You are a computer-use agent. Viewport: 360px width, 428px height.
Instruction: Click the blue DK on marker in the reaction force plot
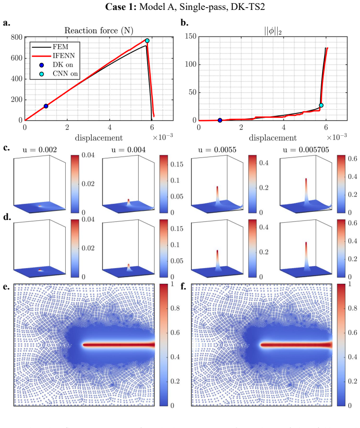[46, 106]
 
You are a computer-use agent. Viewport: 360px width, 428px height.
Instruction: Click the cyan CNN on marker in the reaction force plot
[147, 41]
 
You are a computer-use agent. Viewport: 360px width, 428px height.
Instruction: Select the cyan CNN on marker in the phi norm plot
[321, 105]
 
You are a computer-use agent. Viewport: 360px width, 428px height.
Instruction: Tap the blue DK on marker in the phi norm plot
[220, 120]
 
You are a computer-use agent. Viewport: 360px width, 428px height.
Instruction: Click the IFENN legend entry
[53, 56]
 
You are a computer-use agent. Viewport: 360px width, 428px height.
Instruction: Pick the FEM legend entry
[50, 47]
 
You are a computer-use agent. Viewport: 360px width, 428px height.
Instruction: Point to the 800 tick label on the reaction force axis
[17, 37]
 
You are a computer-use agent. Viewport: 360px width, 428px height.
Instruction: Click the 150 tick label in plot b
[191, 36]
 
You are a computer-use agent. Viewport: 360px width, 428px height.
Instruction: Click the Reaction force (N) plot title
[99, 30]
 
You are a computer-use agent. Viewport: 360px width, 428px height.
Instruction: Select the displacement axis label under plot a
[99, 138]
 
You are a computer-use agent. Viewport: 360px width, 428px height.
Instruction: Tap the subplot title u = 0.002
[40, 149]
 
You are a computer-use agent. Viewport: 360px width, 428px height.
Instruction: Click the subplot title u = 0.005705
[306, 149]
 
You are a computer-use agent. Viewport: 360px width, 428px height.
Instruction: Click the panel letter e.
[6, 287]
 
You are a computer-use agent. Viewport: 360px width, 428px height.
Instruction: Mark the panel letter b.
[184, 22]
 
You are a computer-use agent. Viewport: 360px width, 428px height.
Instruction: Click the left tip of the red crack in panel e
[83, 345]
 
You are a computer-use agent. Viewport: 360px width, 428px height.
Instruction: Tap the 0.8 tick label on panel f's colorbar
[352, 308]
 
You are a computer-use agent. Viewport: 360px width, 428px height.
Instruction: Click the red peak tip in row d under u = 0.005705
[306, 243]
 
